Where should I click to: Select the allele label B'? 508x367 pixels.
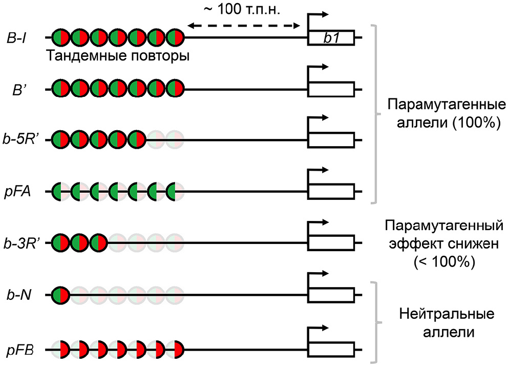[x=20, y=89]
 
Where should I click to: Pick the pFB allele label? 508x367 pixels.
[x=20, y=351]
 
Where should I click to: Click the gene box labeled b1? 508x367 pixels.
[x=331, y=38]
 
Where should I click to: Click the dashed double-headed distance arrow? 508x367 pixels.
[x=243, y=25]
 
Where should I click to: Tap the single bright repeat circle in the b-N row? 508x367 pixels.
[x=61, y=295]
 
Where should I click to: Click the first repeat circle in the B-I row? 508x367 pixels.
[x=61, y=38]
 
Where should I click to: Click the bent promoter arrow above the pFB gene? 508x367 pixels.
[x=316, y=328]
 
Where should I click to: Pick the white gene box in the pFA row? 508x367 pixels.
[x=331, y=192]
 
